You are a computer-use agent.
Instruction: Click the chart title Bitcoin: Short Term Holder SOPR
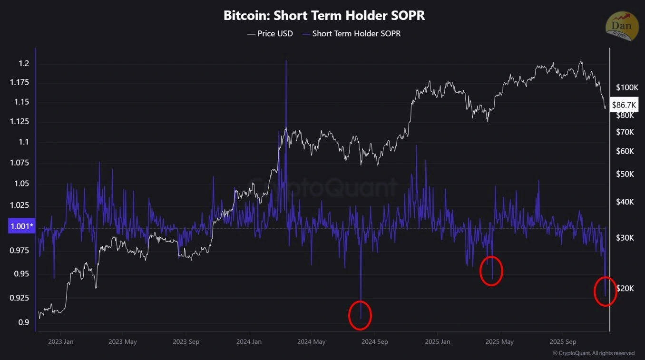pos(324,15)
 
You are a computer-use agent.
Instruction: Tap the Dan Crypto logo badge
pos(622,26)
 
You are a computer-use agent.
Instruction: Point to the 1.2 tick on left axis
pos(23,64)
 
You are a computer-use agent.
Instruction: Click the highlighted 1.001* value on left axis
pos(21,226)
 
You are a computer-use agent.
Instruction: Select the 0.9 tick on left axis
pos(23,323)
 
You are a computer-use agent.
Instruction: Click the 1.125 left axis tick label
pos(20,122)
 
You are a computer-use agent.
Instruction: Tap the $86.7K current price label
pos(624,105)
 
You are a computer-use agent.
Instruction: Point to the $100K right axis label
pos(626,88)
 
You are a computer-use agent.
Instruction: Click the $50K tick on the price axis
pos(625,174)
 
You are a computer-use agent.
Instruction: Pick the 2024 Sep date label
pos(375,341)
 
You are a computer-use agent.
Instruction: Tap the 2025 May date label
pos(499,341)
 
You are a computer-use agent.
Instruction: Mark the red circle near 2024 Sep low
pos(360,315)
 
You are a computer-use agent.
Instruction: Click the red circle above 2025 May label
pos(491,271)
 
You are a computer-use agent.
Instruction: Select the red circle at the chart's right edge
pos(605,292)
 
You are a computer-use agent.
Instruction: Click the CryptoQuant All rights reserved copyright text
pos(594,353)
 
